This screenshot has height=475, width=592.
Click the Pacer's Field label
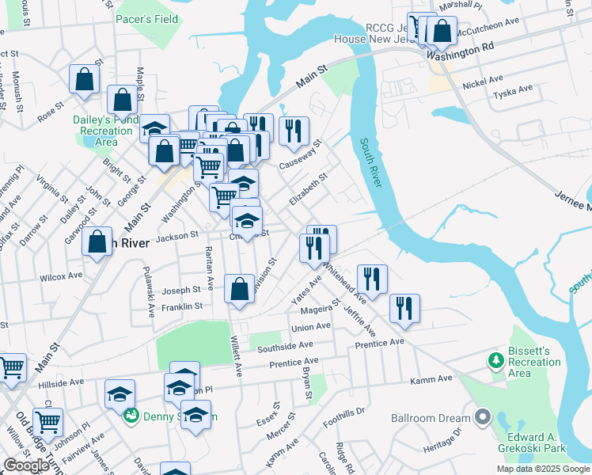[x=146, y=18]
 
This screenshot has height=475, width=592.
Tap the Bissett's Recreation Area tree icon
[x=496, y=361]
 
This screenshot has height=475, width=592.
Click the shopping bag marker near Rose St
[x=84, y=80]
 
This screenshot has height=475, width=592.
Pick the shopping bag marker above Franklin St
[x=239, y=289]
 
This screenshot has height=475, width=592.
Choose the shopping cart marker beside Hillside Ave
[x=10, y=367]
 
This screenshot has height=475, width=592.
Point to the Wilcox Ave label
[x=61, y=277]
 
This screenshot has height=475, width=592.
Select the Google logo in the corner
[x=26, y=465]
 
